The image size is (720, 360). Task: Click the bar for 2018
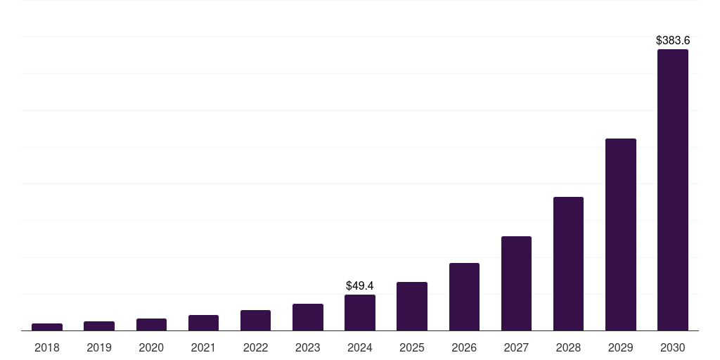pos(47,327)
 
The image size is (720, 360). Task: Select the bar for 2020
pos(151,325)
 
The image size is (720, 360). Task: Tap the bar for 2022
pos(255,321)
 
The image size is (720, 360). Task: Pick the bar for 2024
pos(360,313)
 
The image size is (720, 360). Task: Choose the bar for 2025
pos(412,307)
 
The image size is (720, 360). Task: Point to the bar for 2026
pos(464,297)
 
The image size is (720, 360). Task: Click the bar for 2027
pos(516,283)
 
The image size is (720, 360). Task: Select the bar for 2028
pos(568,264)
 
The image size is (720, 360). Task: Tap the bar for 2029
pos(620,235)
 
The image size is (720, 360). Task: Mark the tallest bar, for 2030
pos(672,190)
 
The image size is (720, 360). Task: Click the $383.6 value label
pos(672,41)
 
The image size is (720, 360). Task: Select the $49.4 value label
pos(360,286)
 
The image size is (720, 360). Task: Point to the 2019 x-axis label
pos(99,347)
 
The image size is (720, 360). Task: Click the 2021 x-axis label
pos(203,347)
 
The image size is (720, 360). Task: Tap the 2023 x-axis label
pos(308,347)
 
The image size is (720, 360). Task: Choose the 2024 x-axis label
pos(360,347)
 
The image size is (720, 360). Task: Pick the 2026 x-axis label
pos(464,347)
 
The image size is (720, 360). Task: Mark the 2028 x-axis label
pos(568,347)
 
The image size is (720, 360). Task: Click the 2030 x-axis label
pos(672,347)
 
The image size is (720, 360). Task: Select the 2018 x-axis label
pos(47,347)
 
